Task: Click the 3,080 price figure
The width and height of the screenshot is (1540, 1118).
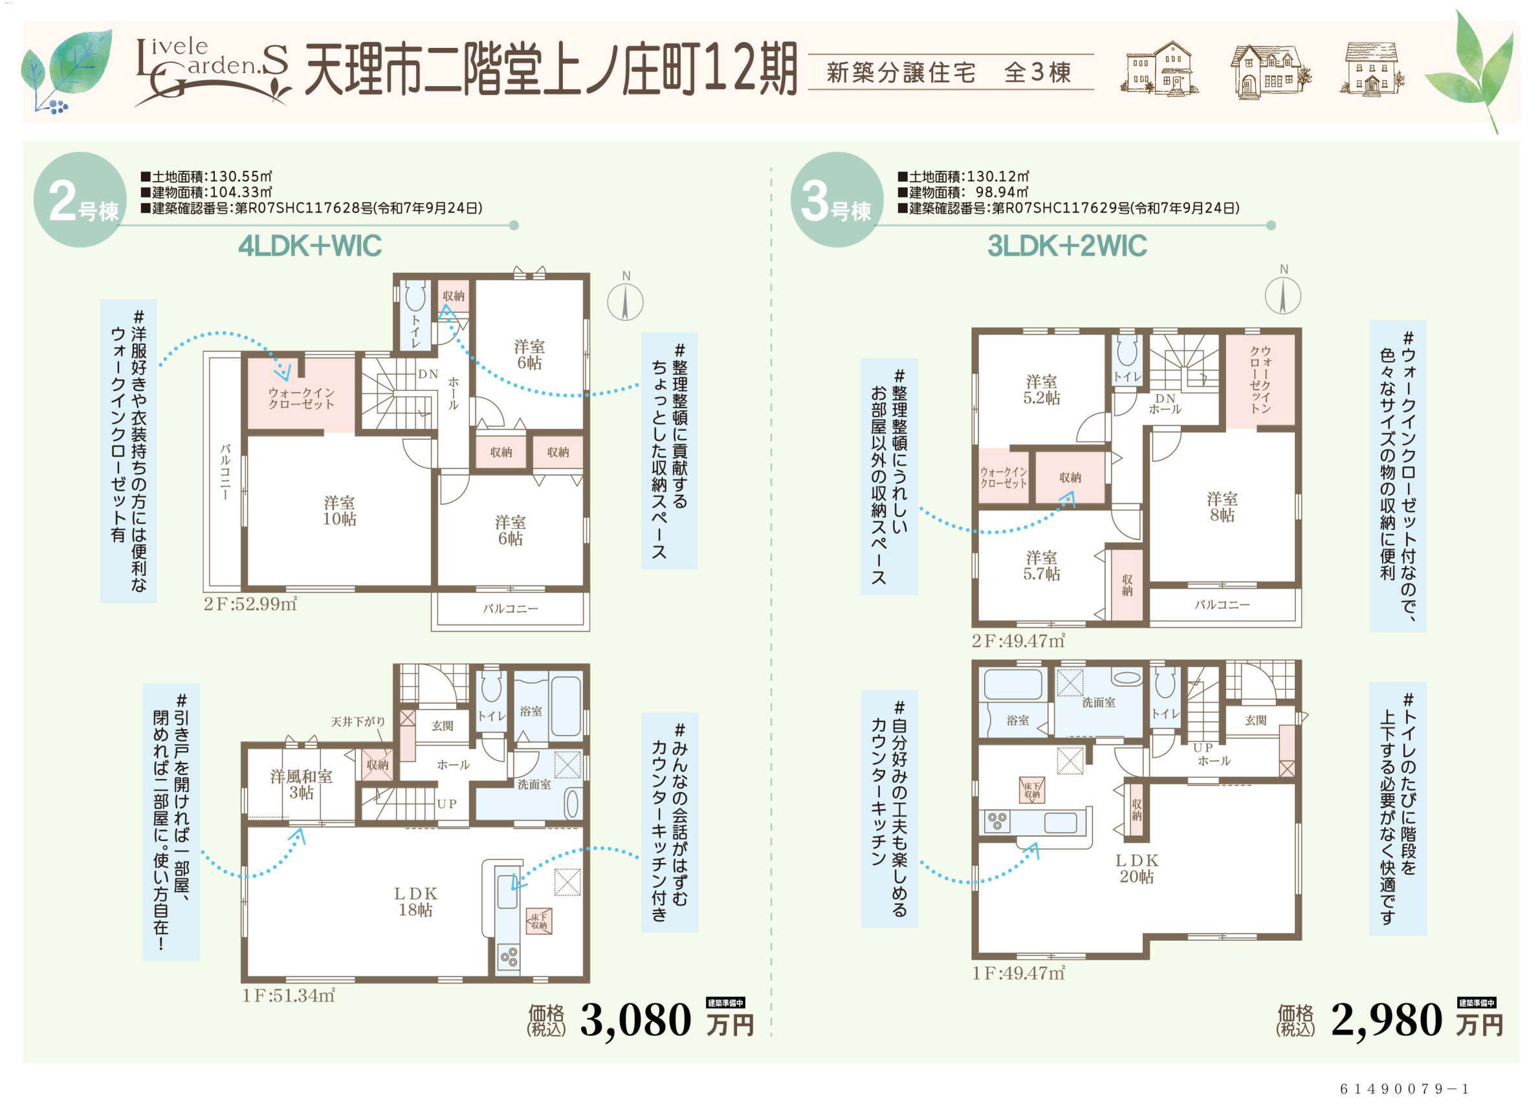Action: pos(635,1021)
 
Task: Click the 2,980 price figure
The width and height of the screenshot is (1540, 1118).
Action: pos(1387,1021)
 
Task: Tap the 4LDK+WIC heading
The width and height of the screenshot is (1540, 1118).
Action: pos(310,246)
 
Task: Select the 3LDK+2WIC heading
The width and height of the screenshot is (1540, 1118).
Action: pos(1067,246)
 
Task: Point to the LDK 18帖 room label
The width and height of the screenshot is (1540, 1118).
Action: pos(415,902)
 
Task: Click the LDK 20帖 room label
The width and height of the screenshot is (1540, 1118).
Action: pos(1137,869)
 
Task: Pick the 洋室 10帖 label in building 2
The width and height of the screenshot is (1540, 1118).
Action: pos(340,510)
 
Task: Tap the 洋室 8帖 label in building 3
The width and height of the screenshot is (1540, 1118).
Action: pos(1222,507)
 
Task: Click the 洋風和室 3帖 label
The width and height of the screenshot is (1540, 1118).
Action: pos(301,785)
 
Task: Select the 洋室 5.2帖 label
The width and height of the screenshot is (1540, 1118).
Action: pos(1042,389)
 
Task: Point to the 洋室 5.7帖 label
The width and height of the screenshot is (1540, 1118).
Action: pos(1042,565)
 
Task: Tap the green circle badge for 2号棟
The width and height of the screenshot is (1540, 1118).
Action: pos(80,199)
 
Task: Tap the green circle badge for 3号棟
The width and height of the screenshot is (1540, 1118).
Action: pos(837,199)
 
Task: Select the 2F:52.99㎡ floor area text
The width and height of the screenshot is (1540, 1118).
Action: pos(250,604)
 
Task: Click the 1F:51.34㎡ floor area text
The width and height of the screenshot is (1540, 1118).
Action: pos(289,995)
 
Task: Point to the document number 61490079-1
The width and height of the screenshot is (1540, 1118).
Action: pos(1404,1089)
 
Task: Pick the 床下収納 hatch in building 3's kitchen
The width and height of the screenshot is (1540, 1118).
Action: pos(1032,789)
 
